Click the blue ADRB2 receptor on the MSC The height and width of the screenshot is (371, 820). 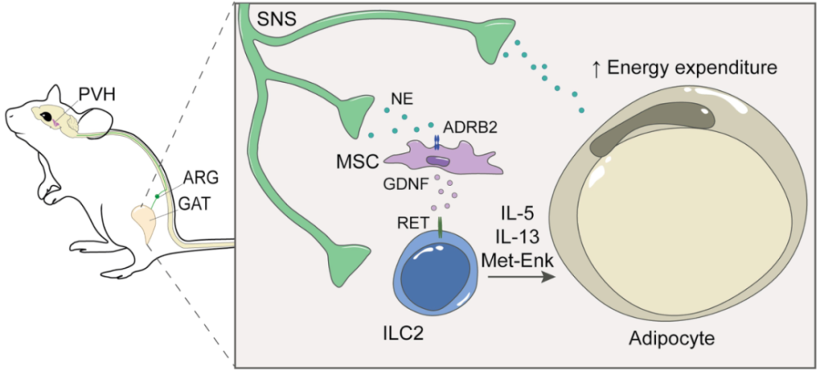point(435,142)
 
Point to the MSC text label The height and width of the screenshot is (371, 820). point(358,162)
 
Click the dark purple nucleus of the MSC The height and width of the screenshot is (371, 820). point(438,161)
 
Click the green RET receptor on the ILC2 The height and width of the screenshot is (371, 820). point(440,228)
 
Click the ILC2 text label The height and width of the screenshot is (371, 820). point(403,332)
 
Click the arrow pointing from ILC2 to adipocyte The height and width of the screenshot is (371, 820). point(521,278)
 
